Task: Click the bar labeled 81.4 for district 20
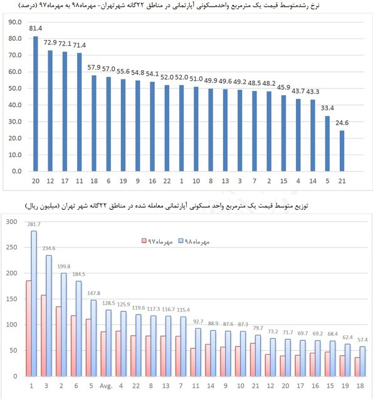(x=36, y=103)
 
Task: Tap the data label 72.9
(x=50, y=44)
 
